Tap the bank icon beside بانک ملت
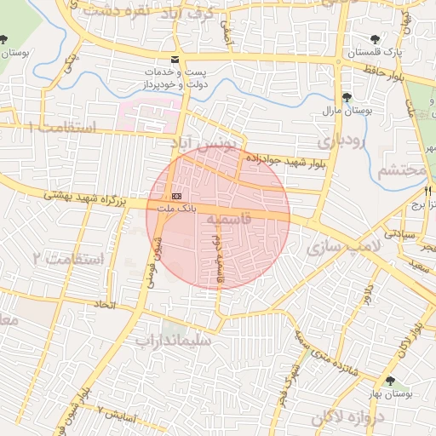point(176,196)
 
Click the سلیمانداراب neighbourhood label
point(178,339)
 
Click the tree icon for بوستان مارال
point(346,97)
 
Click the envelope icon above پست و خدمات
point(175,60)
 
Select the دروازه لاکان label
point(348,417)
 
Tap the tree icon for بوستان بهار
point(390,381)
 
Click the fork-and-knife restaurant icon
point(428,191)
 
